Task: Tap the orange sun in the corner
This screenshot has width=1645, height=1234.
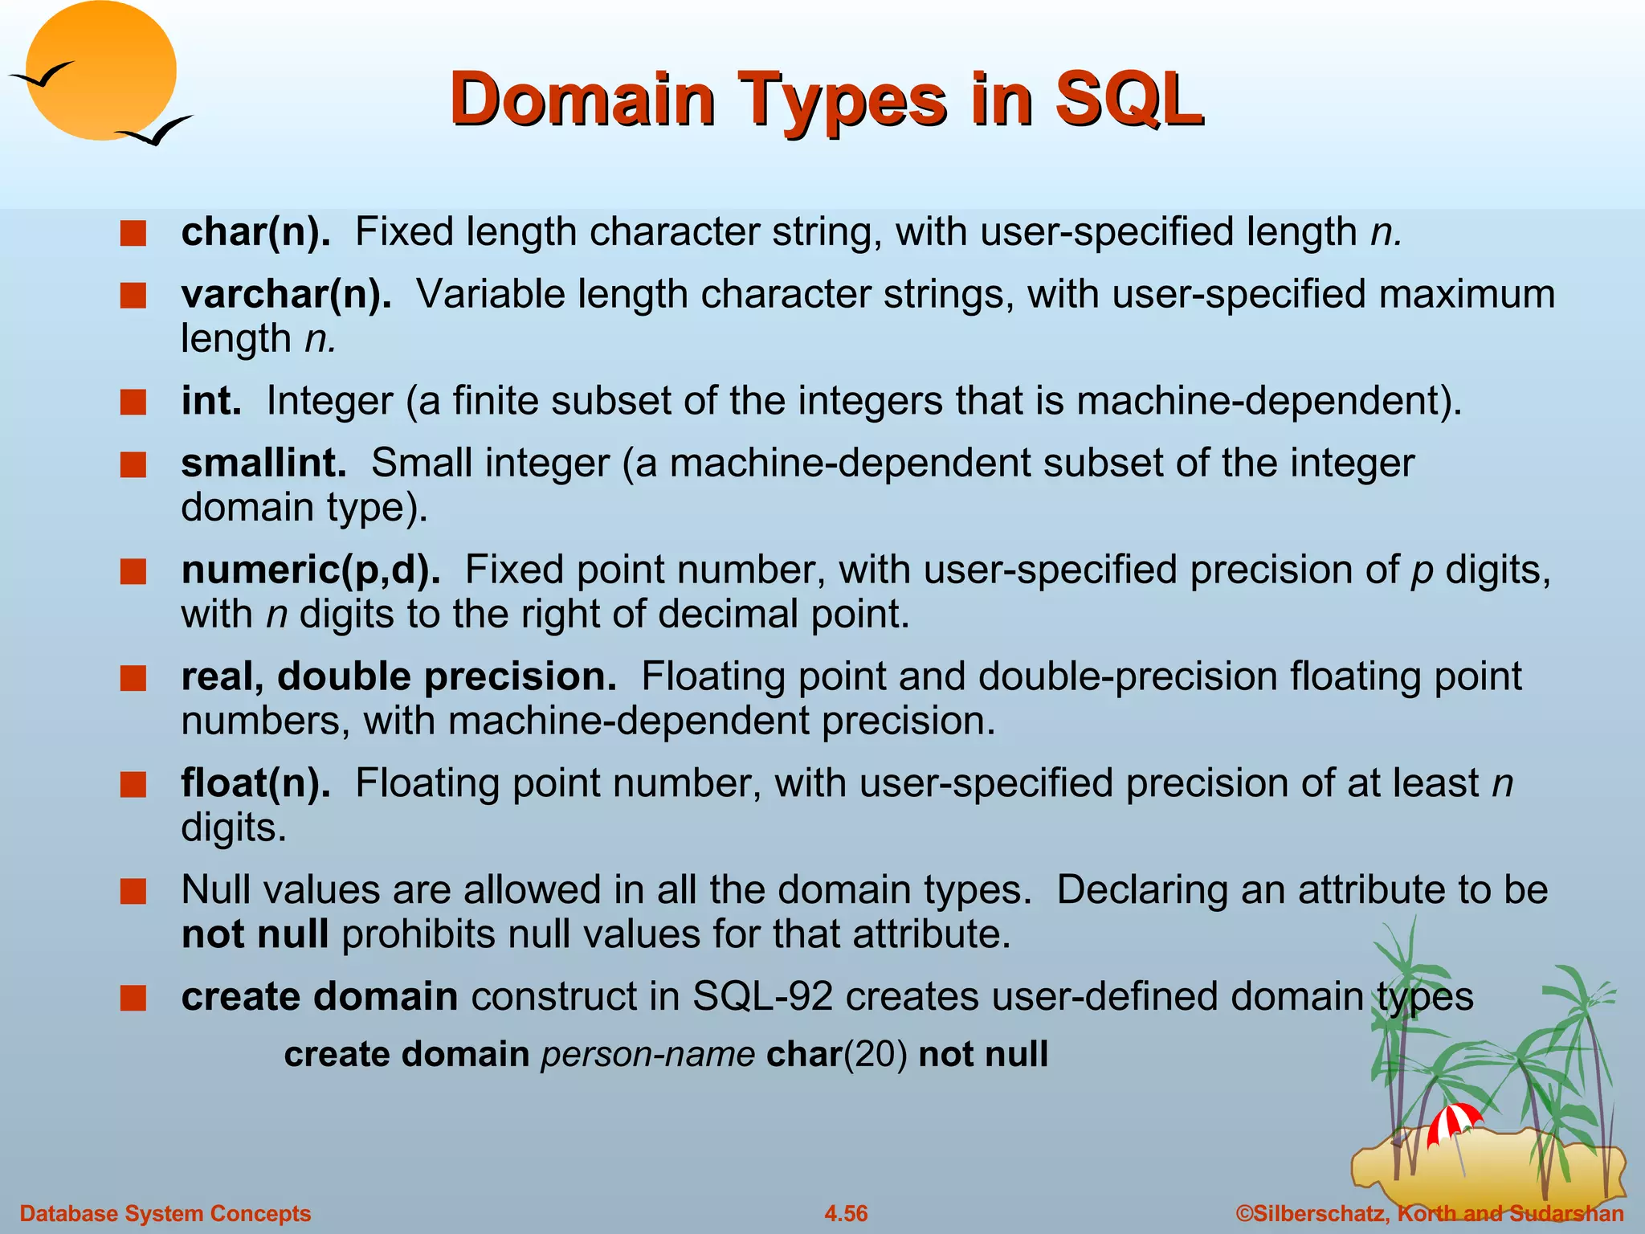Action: [x=100, y=71]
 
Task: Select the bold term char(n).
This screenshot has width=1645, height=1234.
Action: [x=255, y=232]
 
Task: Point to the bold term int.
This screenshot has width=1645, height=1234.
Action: [x=211, y=401]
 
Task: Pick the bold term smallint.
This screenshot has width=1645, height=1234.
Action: [x=263, y=464]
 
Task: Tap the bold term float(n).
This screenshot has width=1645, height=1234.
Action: [x=255, y=783]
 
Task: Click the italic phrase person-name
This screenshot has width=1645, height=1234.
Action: [x=647, y=1054]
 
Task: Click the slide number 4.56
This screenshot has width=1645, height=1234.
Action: [x=846, y=1213]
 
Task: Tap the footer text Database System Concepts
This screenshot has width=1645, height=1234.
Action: [x=165, y=1213]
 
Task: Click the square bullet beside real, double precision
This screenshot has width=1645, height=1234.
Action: [x=133, y=678]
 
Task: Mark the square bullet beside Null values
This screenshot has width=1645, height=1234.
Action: [x=133, y=892]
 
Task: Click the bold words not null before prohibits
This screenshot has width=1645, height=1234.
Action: [x=255, y=935]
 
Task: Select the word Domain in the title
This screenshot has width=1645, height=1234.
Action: [x=582, y=100]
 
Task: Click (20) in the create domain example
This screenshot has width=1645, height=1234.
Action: [x=876, y=1054]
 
